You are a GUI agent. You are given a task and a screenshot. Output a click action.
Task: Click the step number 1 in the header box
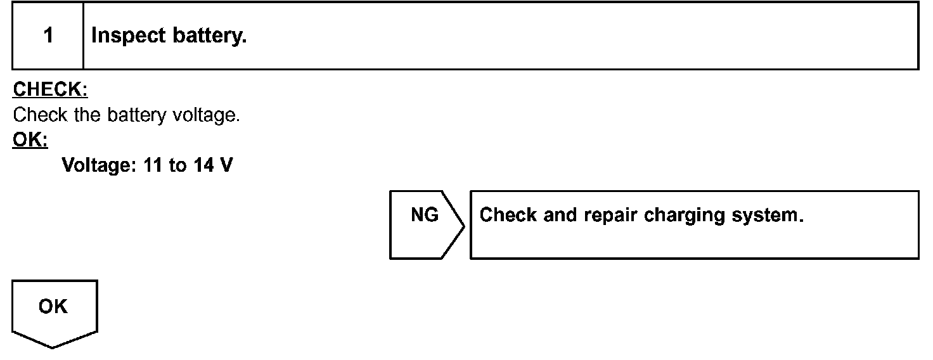pos(48,35)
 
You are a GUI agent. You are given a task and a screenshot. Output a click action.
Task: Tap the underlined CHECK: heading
pos(50,90)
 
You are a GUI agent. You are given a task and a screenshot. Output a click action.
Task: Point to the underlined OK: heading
pos(30,141)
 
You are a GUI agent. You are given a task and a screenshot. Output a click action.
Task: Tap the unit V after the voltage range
pos(226,166)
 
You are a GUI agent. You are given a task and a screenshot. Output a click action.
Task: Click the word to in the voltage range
pos(178,166)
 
